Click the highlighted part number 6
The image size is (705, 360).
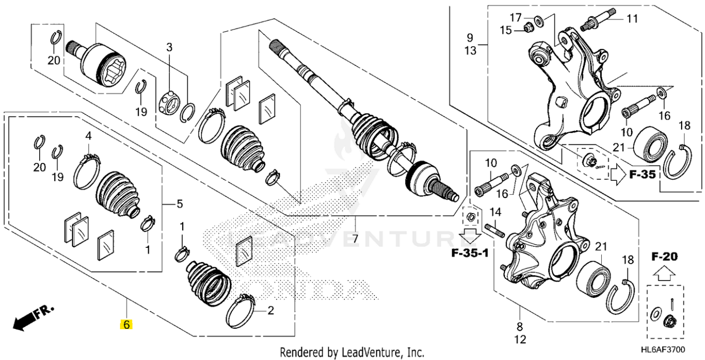pos(126,325)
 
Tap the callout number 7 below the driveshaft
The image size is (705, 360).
pos(355,238)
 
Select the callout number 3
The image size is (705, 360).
pos(169,48)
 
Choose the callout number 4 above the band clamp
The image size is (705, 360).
pos(88,136)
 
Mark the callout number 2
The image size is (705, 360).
pos(271,311)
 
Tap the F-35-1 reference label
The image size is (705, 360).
pos(470,253)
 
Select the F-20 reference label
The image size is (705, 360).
pos(664,257)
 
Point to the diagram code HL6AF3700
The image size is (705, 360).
pos(673,351)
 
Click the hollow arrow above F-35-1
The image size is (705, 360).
pos(470,234)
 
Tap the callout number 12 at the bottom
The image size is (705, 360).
pos(520,340)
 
